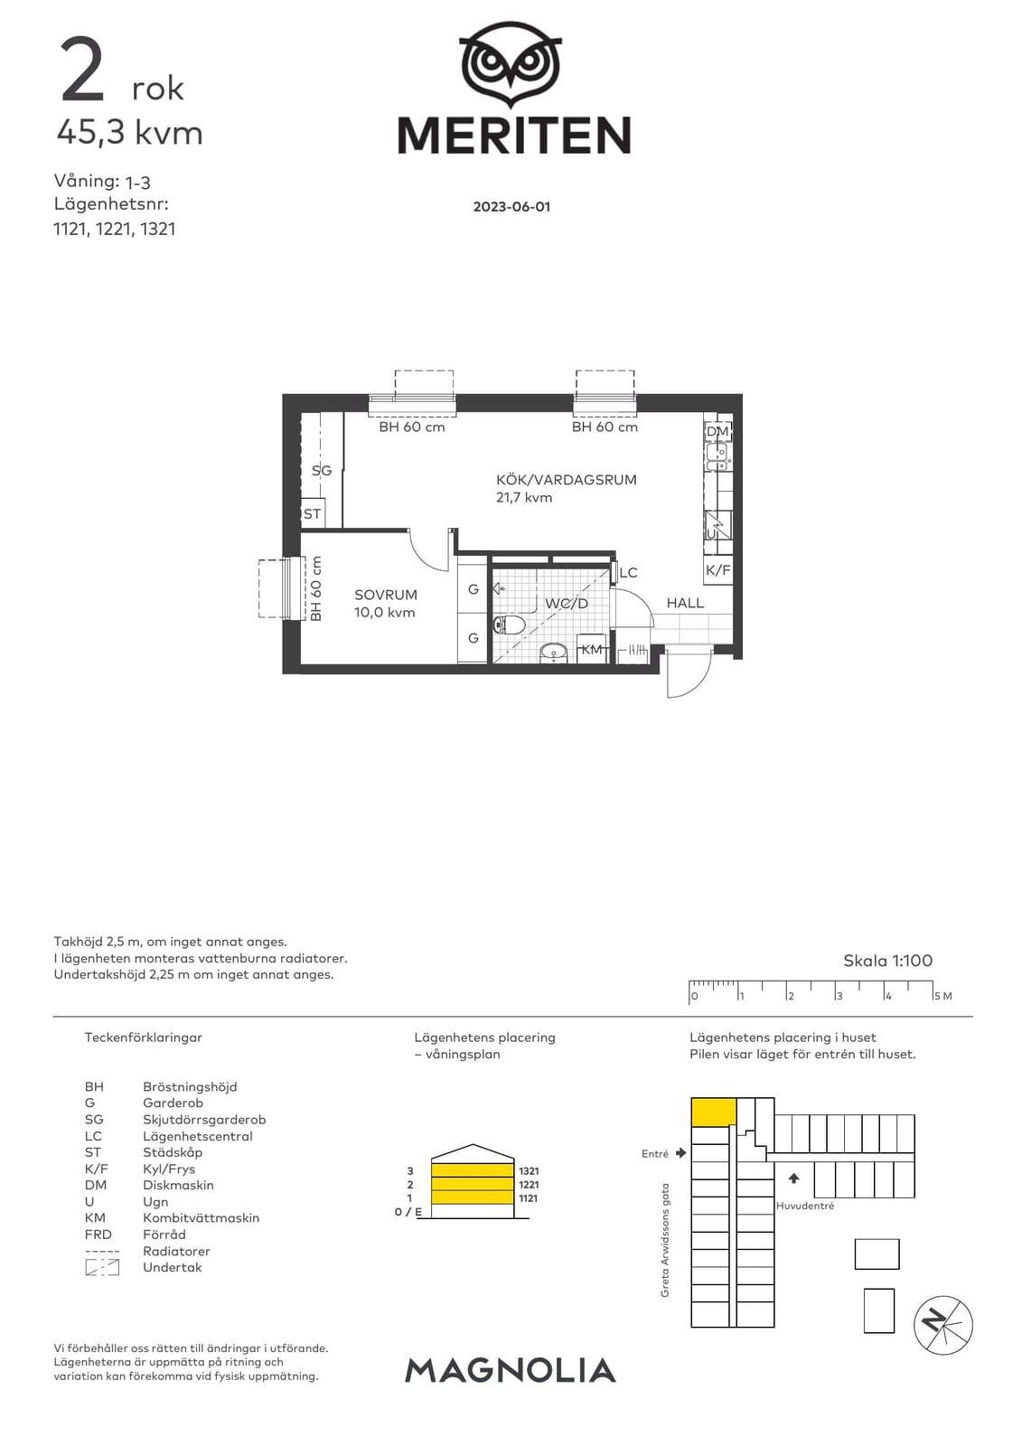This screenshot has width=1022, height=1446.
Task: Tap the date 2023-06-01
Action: click(512, 207)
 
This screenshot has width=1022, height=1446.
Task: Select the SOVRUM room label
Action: click(386, 595)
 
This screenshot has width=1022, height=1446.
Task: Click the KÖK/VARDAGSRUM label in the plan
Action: click(567, 480)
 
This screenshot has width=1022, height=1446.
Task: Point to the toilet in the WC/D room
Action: click(510, 624)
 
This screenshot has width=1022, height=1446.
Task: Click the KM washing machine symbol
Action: click(591, 649)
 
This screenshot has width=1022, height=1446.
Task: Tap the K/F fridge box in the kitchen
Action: click(717, 570)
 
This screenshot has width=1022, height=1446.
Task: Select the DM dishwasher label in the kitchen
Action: click(717, 431)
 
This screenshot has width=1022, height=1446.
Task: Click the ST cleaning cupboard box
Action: click(313, 513)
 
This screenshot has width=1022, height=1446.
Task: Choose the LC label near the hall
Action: click(628, 573)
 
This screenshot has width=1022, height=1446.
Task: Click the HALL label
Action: click(685, 603)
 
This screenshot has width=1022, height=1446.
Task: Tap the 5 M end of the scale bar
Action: click(933, 996)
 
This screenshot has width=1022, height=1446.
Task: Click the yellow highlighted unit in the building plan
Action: click(713, 1112)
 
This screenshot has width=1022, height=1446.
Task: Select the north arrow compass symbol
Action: click(942, 1325)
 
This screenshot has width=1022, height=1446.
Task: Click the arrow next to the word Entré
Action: click(680, 1152)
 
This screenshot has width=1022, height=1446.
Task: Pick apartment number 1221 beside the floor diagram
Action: click(528, 1185)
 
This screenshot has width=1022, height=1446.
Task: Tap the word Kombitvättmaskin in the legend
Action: click(202, 1218)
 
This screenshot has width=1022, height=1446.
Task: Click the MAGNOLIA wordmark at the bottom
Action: click(510, 1370)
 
